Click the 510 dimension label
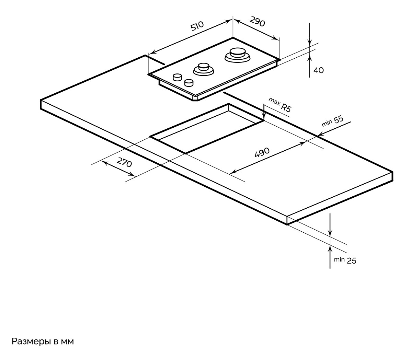click(197, 27)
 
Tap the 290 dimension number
click(257, 22)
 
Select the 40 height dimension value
click(318, 70)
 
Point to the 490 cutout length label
click(262, 152)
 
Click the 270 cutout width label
click(124, 162)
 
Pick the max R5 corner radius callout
click(280, 104)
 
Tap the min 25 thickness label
click(345, 260)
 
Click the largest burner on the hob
click(237, 55)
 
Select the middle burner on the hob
click(204, 68)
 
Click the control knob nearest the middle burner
click(189, 83)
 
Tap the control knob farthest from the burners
click(177, 77)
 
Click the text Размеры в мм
click(43, 342)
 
